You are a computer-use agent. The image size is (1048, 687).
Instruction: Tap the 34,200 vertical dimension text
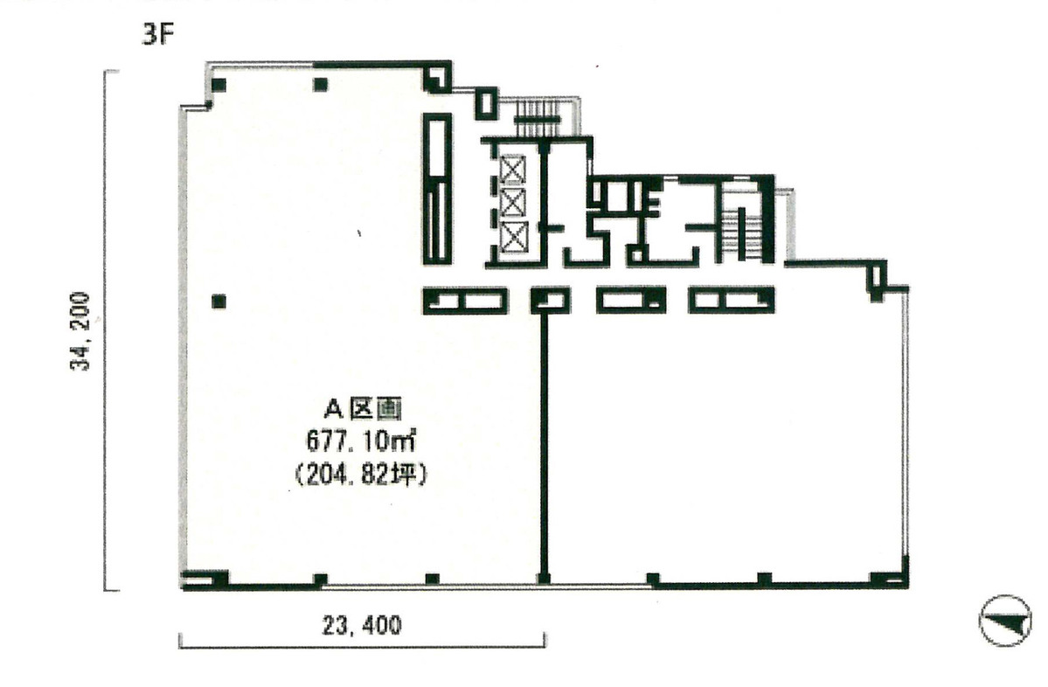pos(81,331)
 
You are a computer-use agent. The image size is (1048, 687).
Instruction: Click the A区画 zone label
pos(363,407)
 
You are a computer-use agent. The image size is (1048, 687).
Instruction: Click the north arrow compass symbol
pos(1005,620)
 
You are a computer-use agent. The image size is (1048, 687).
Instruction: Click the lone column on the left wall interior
pos(219,302)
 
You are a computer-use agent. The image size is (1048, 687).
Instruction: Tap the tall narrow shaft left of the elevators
pos(437,187)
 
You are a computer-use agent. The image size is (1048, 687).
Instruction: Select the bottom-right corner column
pos(888,579)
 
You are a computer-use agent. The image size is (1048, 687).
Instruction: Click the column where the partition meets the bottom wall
pos(544,578)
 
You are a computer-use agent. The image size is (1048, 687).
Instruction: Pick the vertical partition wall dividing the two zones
pos(544,437)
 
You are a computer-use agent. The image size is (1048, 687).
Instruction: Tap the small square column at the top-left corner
pos(219,85)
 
